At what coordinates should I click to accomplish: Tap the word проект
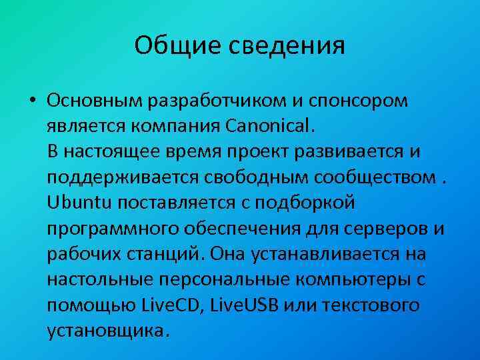(265, 151)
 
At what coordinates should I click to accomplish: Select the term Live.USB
(245, 305)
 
